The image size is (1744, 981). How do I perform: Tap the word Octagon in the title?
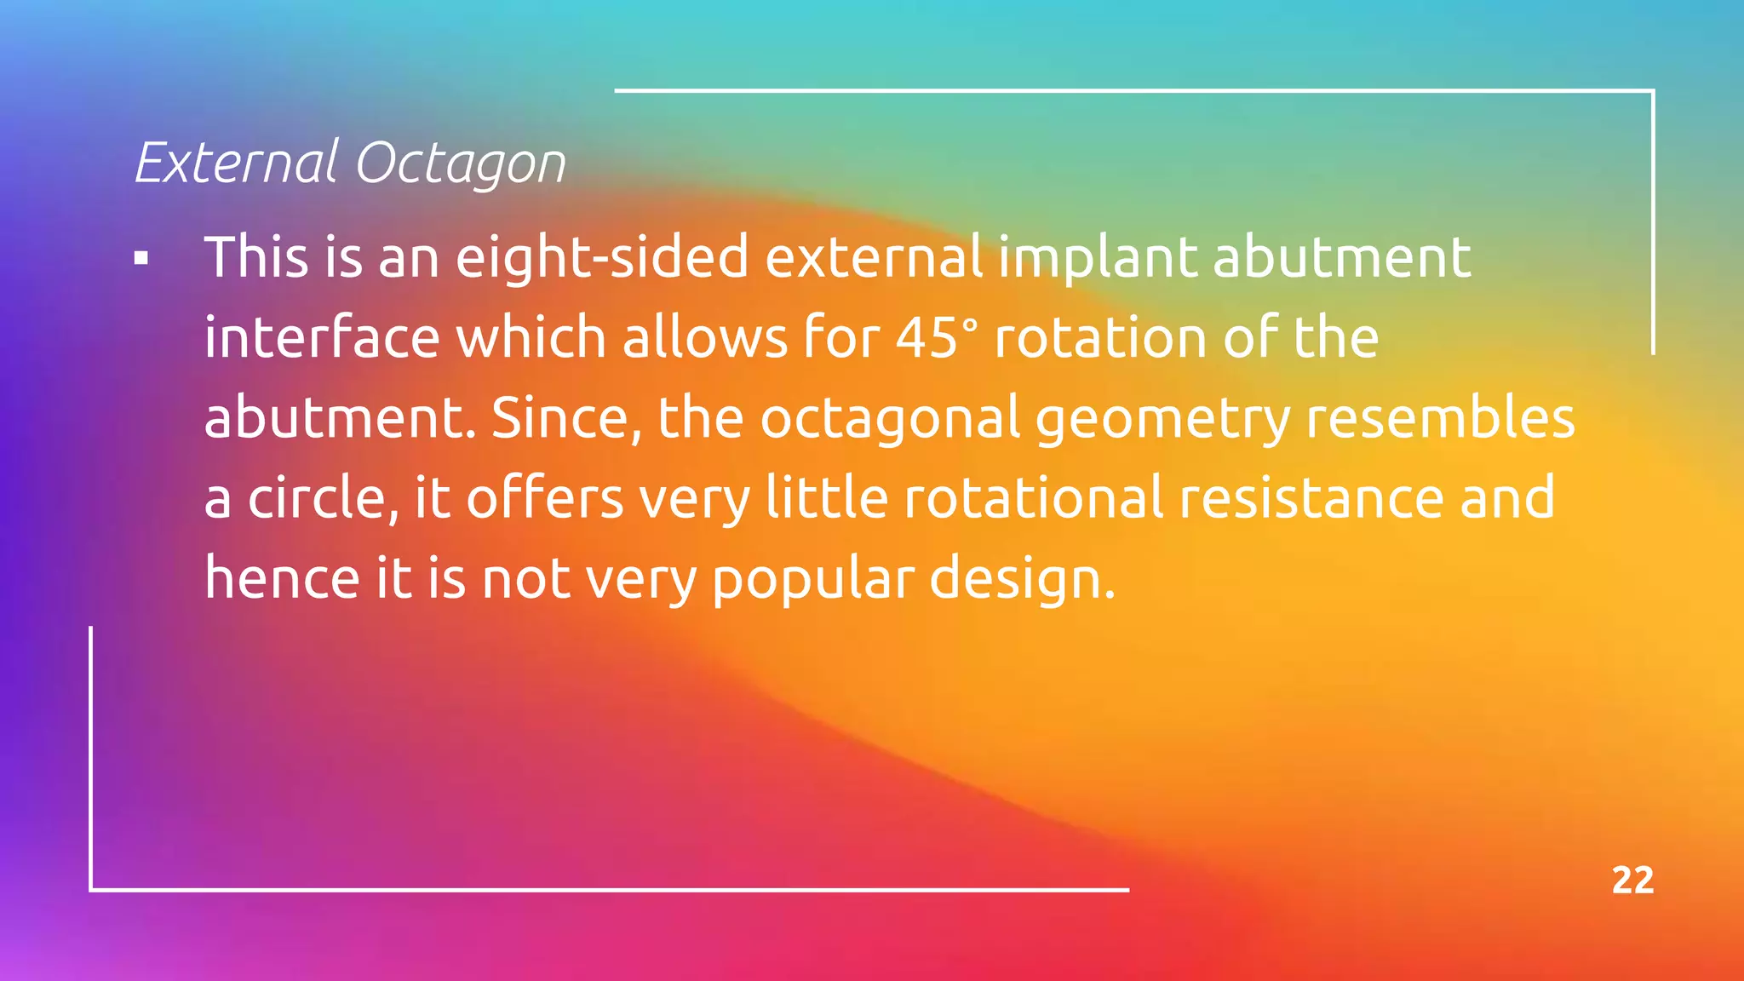click(460, 163)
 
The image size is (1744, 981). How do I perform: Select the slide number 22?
click(1632, 881)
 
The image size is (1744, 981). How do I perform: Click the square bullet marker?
click(141, 259)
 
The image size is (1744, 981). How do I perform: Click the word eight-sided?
click(602, 257)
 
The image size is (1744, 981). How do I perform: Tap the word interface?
click(321, 337)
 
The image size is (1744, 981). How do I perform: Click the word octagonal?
click(890, 419)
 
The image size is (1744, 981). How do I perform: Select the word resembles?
click(1440, 417)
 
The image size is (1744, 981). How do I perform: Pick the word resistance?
click(1311, 497)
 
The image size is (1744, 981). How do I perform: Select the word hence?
click(283, 577)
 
